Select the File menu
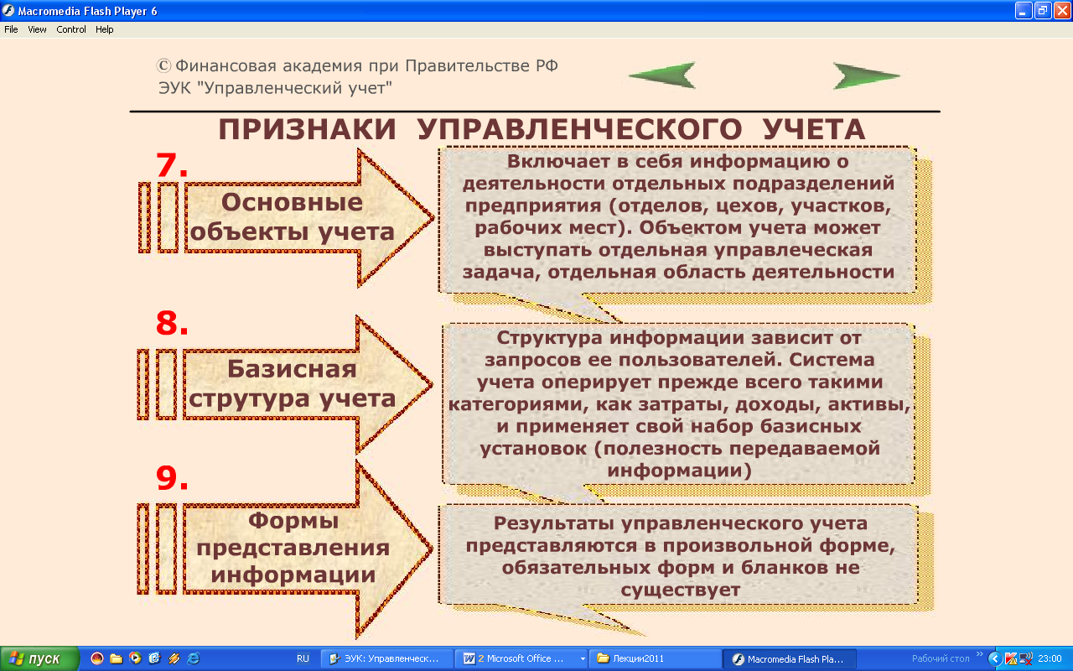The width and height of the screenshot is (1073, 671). (11, 29)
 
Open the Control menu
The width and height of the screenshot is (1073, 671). (71, 29)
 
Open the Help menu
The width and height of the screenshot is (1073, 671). (105, 29)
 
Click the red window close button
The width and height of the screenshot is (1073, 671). (1062, 11)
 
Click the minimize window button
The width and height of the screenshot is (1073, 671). (1023, 11)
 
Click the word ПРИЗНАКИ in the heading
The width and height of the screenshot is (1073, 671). (307, 129)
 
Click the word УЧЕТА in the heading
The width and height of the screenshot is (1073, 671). (814, 129)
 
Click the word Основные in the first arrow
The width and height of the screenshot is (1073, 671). (292, 202)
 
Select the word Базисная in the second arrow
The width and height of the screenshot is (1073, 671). (292, 368)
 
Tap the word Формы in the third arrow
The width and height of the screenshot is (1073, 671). (293, 521)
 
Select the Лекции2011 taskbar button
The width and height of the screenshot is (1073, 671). (655, 658)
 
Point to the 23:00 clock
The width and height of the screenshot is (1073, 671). (1050, 658)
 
